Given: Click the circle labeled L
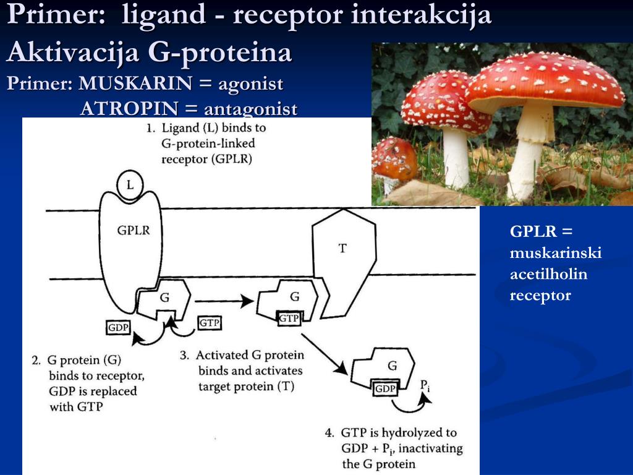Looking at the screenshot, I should tap(130, 185).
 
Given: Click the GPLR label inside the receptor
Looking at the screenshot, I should tap(134, 230).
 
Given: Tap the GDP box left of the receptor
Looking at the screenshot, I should tap(118, 328).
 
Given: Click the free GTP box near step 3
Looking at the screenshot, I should tap(210, 323).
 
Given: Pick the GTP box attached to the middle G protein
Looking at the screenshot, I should tap(289, 319).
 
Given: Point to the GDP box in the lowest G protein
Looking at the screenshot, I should tap(385, 388).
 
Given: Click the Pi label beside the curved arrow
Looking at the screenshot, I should tap(425, 386).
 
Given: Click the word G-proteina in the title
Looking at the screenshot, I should tap(219, 53).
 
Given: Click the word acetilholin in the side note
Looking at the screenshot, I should tap(548, 274).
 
